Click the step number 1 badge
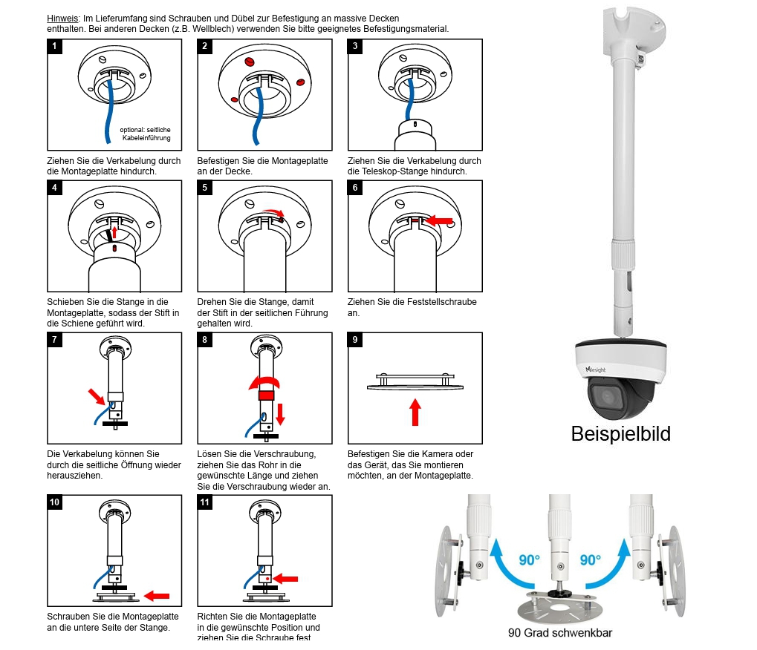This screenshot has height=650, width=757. point(54,46)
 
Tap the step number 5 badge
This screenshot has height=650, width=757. point(205,188)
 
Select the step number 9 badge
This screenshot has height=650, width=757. point(356,340)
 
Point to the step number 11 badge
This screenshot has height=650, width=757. point(205,502)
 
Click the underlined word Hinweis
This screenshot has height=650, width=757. point(63,18)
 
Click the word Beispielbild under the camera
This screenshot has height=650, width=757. point(620,433)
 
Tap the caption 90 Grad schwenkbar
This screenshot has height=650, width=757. point(559,633)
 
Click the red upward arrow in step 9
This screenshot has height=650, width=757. point(415,412)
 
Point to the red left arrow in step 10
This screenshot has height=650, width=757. point(156,595)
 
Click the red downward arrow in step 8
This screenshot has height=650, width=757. point(280,413)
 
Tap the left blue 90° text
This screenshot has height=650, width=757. point(529,559)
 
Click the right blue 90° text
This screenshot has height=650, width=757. point(591,559)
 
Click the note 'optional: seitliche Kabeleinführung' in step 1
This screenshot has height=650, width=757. point(145,134)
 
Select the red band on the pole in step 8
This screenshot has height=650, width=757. point(265,395)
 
